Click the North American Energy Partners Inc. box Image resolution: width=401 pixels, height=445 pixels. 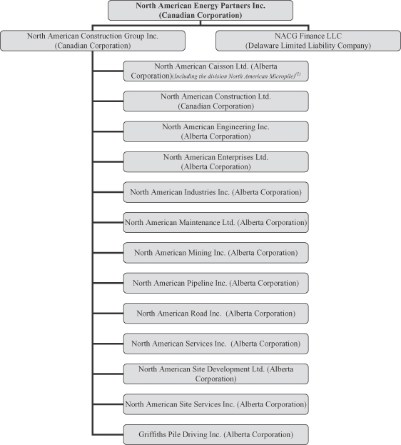pos(200,10)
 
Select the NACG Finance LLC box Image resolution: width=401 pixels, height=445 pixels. pos(308,41)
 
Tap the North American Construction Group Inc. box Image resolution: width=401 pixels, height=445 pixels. pos(93,41)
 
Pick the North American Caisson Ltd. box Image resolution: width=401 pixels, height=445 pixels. pos(215,71)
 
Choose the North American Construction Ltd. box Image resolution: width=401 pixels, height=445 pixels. pos(215,101)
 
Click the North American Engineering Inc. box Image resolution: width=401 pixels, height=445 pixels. pos(215,131)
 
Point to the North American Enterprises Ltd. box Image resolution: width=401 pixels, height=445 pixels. pos(215,162)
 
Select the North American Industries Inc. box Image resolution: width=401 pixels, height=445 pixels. pos(215,192)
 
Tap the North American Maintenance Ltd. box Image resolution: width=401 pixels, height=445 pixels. pos(215,223)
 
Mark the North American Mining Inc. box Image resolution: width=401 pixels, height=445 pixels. pos(215,253)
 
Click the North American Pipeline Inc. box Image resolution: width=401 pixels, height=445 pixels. pos(215,284)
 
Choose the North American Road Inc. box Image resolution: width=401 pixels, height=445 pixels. pos(215,314)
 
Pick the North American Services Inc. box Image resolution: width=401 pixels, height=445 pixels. pos(215,344)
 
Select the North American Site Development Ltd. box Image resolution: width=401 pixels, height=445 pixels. pos(215,374)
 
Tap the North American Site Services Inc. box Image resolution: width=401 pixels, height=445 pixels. pos(215,404)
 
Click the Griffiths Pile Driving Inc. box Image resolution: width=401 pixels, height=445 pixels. pos(215,434)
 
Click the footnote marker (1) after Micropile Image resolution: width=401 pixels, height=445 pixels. pos(298,74)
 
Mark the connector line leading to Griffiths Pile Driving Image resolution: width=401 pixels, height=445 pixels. pos(108,434)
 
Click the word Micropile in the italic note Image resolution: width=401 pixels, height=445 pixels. pos(285,76)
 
